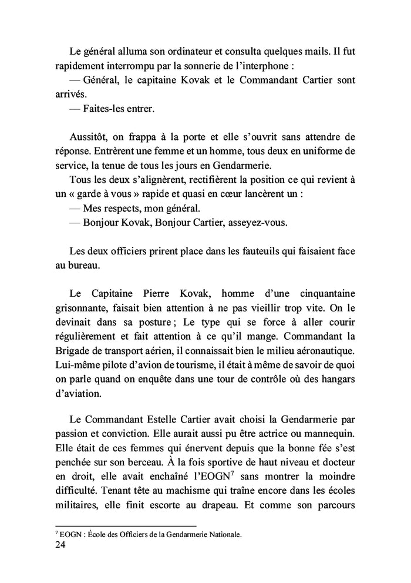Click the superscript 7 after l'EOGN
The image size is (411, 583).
click(234, 475)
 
